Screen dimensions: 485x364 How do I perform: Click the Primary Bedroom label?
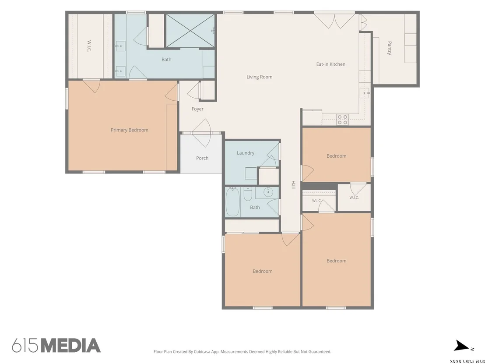pyautogui.click(x=129, y=130)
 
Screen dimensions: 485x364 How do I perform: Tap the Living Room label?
pyautogui.click(x=259, y=77)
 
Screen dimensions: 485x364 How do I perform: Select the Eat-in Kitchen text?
pyautogui.click(x=330, y=64)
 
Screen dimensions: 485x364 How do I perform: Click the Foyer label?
pyautogui.click(x=197, y=109)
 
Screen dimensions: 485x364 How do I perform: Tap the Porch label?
pyautogui.click(x=202, y=158)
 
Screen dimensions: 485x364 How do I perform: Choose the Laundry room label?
pyautogui.click(x=246, y=153)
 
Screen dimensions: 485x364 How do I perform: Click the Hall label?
pyautogui.click(x=293, y=185)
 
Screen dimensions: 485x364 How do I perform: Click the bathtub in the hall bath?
pyautogui.click(x=232, y=202)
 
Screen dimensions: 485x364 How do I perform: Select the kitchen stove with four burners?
pyautogui.click(x=342, y=120)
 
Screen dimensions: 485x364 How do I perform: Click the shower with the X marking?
pyautogui.click(x=190, y=31)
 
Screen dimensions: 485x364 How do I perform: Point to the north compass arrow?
pyautogui.click(x=461, y=346)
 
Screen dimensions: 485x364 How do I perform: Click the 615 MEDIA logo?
pyautogui.click(x=56, y=346)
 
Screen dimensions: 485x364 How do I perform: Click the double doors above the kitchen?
pyautogui.click(x=334, y=21)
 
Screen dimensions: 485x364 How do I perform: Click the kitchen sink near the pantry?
pyautogui.click(x=365, y=93)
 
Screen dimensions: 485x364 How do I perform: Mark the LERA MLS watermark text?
pyautogui.click(x=467, y=361)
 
